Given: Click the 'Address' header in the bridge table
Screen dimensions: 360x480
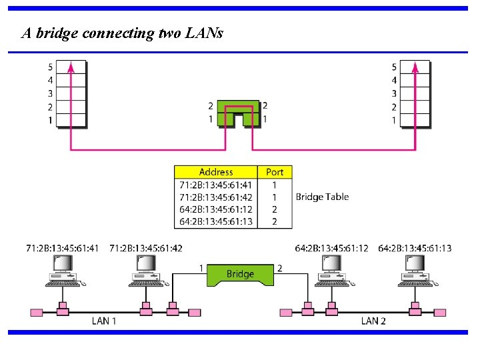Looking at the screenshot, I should point(216,172).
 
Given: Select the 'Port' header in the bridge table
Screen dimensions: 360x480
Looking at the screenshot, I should point(275,172).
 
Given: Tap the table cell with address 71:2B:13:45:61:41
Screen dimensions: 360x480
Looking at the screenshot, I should point(216,185).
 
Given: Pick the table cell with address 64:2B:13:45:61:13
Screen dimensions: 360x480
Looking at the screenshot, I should point(216,221).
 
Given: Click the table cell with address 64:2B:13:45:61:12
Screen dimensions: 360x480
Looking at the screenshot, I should point(216,209).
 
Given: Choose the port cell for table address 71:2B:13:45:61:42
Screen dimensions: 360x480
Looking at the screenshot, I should point(275,197).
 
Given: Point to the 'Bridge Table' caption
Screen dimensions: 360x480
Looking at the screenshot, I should point(322,197).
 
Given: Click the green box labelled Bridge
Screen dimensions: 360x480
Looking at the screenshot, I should point(240,274).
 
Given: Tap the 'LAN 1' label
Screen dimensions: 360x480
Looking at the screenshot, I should point(104,321).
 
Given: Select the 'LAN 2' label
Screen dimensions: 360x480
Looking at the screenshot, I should point(373,321).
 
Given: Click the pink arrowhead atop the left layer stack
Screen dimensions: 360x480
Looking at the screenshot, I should point(70,66).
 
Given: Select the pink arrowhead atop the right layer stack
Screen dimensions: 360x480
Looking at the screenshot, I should point(415,66).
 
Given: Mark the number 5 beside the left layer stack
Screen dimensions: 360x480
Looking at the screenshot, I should point(50,67).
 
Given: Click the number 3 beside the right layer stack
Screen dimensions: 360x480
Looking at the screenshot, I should point(394,93).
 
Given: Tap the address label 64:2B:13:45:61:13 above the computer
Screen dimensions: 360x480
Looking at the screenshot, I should point(414,248).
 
